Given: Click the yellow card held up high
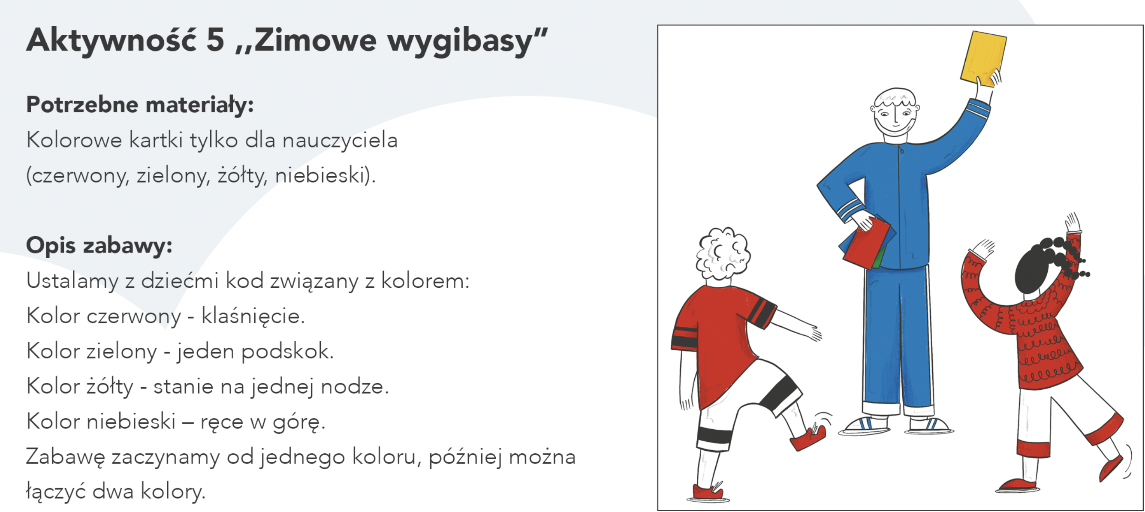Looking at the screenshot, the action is pos(983,58).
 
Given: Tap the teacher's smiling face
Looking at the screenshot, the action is pos(894,117).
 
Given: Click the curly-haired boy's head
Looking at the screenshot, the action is pos(723,255).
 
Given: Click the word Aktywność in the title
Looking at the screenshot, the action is pos(111,40).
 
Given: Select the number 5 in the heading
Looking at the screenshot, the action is pos(215,40).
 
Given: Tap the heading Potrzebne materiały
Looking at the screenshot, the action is pos(140,105).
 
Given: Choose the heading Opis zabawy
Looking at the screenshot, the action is pos(99,246).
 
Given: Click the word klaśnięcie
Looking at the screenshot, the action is pos(253,316).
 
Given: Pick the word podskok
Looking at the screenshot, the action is pos(287,351).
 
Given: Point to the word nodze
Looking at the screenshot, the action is pos(355,386).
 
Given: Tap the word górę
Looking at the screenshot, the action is pos(299,422).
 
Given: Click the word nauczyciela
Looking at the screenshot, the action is pos(340,141).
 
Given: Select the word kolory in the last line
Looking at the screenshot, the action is pos(173,491).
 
